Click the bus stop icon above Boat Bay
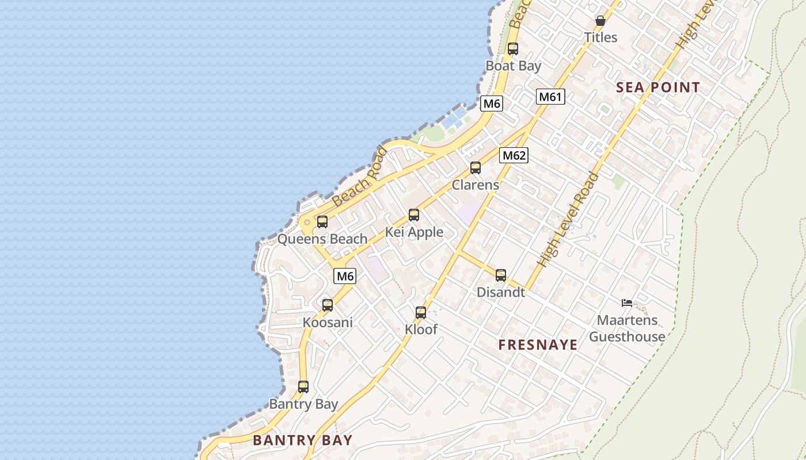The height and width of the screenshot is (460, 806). [x=512, y=49]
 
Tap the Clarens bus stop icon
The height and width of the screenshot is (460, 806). [x=476, y=168]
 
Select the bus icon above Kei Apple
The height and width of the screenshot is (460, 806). [x=414, y=215]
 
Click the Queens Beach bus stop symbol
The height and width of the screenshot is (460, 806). [x=322, y=222]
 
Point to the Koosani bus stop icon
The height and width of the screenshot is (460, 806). [x=328, y=305]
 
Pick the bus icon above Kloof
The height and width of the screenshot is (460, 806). [x=421, y=313]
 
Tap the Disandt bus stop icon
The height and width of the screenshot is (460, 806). [x=501, y=275]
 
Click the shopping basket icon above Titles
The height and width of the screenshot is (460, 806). [x=600, y=21]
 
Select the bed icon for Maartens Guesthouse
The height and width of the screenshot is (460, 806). [x=627, y=303]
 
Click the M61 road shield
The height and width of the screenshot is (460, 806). [x=550, y=97]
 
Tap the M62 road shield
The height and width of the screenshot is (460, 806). [x=514, y=155]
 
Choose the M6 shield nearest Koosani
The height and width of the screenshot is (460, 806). [x=345, y=276]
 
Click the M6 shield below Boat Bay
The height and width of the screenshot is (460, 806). [x=492, y=103]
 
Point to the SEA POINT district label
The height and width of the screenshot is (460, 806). [x=658, y=87]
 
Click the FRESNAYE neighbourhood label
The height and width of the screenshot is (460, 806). [x=538, y=345]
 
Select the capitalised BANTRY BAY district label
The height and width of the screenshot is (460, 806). [x=302, y=440]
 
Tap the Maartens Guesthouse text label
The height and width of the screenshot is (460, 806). [x=627, y=328]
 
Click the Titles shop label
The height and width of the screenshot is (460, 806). [x=600, y=37]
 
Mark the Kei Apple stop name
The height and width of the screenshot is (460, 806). [x=415, y=232]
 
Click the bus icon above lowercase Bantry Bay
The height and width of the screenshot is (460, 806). [x=303, y=387]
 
